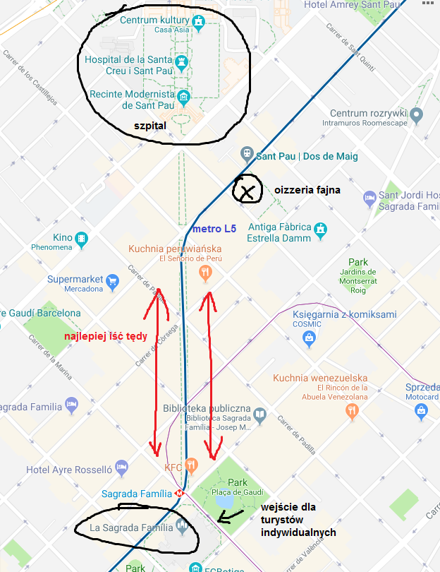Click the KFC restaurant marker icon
[x=191, y=466]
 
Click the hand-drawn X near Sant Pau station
[x=247, y=191]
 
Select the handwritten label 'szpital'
[x=149, y=126]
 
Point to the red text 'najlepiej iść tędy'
[x=105, y=336]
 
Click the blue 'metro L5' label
[x=214, y=230]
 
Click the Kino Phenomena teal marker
[x=82, y=239]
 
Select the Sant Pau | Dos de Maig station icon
[x=247, y=152]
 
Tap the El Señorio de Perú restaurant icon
[x=205, y=273]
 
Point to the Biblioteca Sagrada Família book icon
[x=260, y=414]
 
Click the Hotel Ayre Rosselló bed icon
[x=122, y=467]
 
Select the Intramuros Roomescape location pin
[x=417, y=114]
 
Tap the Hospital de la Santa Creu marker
[x=182, y=62]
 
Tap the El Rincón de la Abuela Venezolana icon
[x=353, y=412]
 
